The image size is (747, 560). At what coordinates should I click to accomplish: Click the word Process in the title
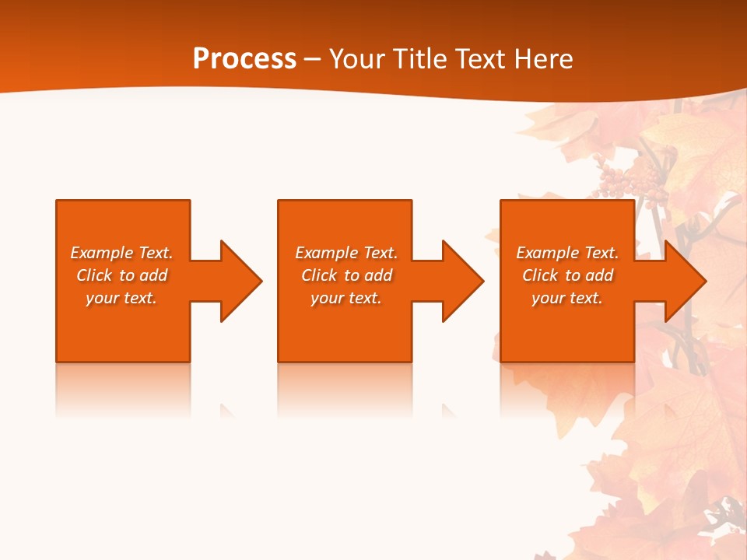coord(244,58)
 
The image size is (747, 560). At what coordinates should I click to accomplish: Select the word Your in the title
coord(358,58)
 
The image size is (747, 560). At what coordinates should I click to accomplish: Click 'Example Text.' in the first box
coord(121,253)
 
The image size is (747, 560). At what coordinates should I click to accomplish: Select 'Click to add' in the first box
coord(121,275)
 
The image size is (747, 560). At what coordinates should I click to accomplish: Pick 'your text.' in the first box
coord(121,298)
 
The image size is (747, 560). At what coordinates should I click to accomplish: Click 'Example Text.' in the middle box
coord(346,253)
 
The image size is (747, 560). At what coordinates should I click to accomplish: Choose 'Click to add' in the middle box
coord(346,275)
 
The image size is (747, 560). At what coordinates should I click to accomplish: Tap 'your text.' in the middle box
coord(346,298)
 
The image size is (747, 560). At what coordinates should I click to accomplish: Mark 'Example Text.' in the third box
coord(567,253)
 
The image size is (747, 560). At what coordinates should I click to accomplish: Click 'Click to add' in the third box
coord(567,275)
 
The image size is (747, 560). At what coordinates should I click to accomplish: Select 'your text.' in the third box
coord(567,298)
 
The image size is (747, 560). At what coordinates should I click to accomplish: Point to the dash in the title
coord(312,59)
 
